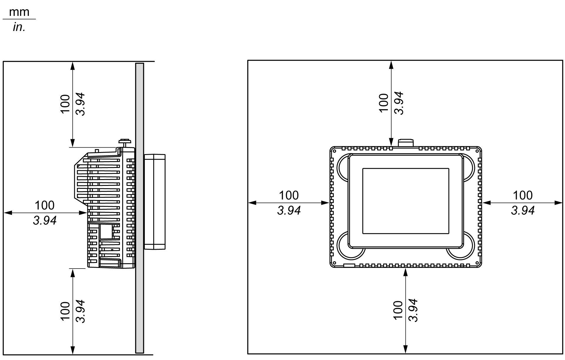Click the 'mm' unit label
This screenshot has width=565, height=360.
click(x=19, y=12)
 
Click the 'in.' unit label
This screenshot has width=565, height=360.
click(x=19, y=27)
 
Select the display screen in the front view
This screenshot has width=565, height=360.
click(x=406, y=201)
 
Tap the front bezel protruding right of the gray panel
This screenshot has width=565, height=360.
click(x=154, y=202)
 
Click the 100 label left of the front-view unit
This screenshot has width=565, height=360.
click(x=289, y=195)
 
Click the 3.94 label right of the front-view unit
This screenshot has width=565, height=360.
click(x=523, y=211)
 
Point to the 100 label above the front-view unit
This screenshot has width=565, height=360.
click(x=384, y=103)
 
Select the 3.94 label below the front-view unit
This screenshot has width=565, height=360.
click(x=413, y=310)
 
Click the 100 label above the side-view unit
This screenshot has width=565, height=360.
click(x=65, y=104)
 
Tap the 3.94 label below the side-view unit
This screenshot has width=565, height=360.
click(x=80, y=311)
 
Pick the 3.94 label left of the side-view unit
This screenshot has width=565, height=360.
click(x=44, y=220)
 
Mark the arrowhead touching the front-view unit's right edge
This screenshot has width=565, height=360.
click(x=486, y=203)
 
